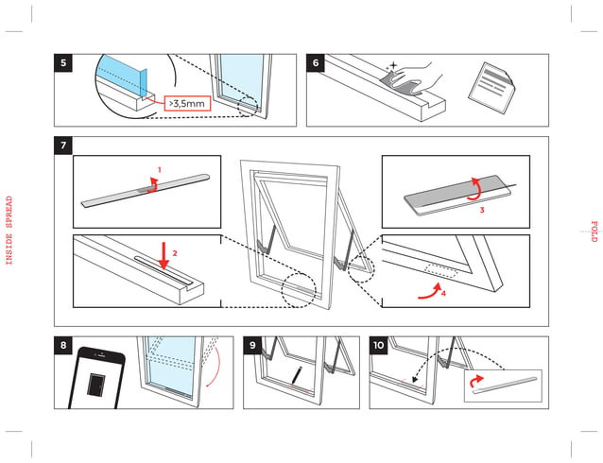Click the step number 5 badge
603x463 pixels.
tap(63, 63)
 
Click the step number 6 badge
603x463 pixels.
tap(316, 63)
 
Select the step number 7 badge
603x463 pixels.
tap(63, 146)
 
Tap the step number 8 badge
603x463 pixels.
tap(63, 345)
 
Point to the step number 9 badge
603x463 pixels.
tap(253, 345)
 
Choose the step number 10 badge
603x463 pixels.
tap(379, 345)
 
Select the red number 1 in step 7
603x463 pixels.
tap(159, 170)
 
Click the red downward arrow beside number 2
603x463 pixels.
tap(164, 254)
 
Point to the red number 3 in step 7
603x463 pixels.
tap(482, 210)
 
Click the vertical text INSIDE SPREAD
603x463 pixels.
tap(9, 231)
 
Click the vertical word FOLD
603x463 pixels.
tap(594, 231)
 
